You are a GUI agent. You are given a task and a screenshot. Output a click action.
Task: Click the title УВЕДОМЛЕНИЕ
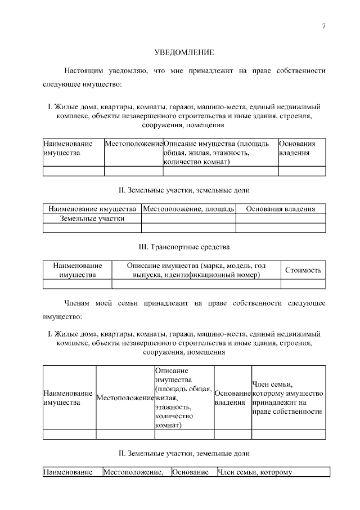pyautogui.click(x=184, y=53)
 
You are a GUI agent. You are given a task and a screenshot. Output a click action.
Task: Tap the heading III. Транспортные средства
pyautogui.click(x=184, y=247)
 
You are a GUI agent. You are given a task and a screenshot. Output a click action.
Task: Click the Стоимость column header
pyautogui.click(x=303, y=270)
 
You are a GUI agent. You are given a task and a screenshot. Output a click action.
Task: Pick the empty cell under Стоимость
pyautogui.click(x=303, y=284)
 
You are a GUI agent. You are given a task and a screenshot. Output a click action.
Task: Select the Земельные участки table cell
pyautogui.click(x=92, y=218)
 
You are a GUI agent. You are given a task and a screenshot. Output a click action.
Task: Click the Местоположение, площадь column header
pyautogui.click(x=188, y=209)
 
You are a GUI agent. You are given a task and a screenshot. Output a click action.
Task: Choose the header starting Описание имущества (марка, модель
pyautogui.click(x=196, y=270)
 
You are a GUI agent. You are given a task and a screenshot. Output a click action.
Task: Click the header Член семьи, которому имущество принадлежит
pyautogui.click(x=288, y=397)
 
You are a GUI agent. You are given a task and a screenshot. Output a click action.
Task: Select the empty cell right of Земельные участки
pyautogui.click(x=188, y=218)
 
